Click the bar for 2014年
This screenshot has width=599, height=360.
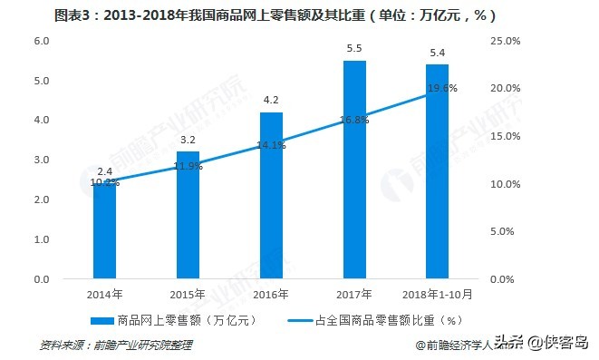104,232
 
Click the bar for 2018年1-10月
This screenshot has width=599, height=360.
438,172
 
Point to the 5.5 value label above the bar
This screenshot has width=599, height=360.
354,47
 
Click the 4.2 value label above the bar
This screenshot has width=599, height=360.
271,100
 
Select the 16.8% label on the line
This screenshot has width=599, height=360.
354,119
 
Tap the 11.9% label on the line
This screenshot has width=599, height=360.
188,166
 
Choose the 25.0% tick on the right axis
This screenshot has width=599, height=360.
504,42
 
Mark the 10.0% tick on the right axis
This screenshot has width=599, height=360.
504,184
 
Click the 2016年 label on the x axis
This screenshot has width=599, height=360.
271,295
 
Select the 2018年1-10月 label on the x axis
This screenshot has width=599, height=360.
438,295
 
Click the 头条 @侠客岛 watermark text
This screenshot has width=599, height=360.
543,343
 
